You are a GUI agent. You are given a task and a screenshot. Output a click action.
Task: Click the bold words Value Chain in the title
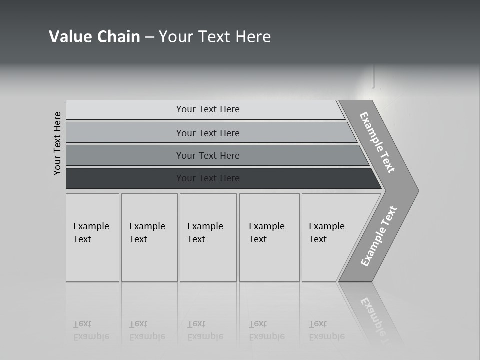coord(94,37)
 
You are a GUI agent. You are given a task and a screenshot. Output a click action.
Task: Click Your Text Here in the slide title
coord(215,37)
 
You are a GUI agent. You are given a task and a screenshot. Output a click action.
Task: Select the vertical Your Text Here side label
coord(57,143)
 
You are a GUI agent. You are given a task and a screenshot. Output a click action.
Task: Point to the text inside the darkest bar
coord(208,178)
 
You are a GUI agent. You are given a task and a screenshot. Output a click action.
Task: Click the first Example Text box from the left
coord(92,237)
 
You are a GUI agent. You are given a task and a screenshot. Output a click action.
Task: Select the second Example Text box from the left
coord(149,237)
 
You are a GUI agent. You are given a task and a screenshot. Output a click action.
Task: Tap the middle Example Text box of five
coord(208,237)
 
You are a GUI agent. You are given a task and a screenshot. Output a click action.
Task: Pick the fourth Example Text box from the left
coord(269,237)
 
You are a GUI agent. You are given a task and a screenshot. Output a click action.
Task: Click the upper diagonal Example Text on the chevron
coord(377,142)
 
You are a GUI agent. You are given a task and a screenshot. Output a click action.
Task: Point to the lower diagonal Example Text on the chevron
coord(379,236)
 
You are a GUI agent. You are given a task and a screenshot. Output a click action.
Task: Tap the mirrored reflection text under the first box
coord(91,330)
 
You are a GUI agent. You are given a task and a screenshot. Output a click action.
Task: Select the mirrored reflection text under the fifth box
coord(326,330)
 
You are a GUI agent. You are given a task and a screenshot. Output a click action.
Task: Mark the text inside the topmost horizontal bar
coord(208,109)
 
